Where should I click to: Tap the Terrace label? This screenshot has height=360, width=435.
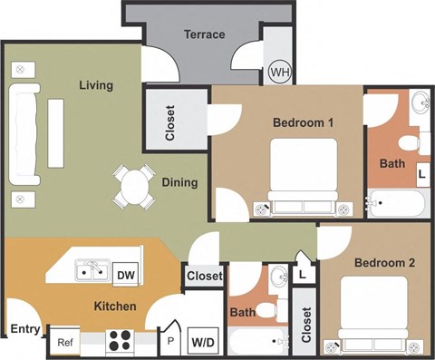204,35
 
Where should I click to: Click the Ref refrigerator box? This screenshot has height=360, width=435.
65,342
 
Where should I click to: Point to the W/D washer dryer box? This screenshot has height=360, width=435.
202,343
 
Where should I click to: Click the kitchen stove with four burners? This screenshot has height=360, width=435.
119,341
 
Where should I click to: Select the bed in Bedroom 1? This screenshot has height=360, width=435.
304,178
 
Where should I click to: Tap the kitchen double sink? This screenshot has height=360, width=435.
92,269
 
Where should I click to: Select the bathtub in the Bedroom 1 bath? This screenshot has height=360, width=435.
397,203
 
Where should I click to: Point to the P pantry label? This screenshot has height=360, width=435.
170,343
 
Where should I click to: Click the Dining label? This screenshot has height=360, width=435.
179,182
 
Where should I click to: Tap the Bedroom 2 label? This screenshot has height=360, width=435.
384,263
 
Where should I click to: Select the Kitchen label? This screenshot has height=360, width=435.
115,306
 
